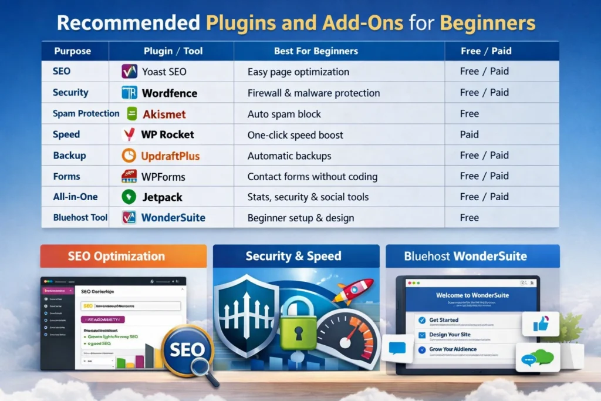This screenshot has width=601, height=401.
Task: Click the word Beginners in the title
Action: click(x=487, y=22)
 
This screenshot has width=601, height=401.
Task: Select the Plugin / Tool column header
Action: click(x=173, y=51)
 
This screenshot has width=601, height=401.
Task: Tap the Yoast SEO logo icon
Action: click(x=129, y=72)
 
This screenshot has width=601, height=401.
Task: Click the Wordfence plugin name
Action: click(x=170, y=93)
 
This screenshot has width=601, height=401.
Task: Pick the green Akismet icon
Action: click(x=131, y=114)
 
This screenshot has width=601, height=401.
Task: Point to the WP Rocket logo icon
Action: click(x=129, y=134)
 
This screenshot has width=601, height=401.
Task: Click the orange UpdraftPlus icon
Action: click(x=129, y=156)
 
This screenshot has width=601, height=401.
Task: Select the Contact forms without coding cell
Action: click(x=312, y=176)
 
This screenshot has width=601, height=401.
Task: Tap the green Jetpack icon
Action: click(x=129, y=197)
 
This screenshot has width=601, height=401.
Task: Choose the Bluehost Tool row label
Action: click(x=80, y=218)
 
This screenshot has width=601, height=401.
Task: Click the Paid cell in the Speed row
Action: click(x=470, y=134)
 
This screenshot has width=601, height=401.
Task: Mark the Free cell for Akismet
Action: click(x=470, y=114)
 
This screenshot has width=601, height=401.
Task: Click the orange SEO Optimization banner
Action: click(x=123, y=257)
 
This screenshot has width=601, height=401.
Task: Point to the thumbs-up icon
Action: click(x=539, y=324)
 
